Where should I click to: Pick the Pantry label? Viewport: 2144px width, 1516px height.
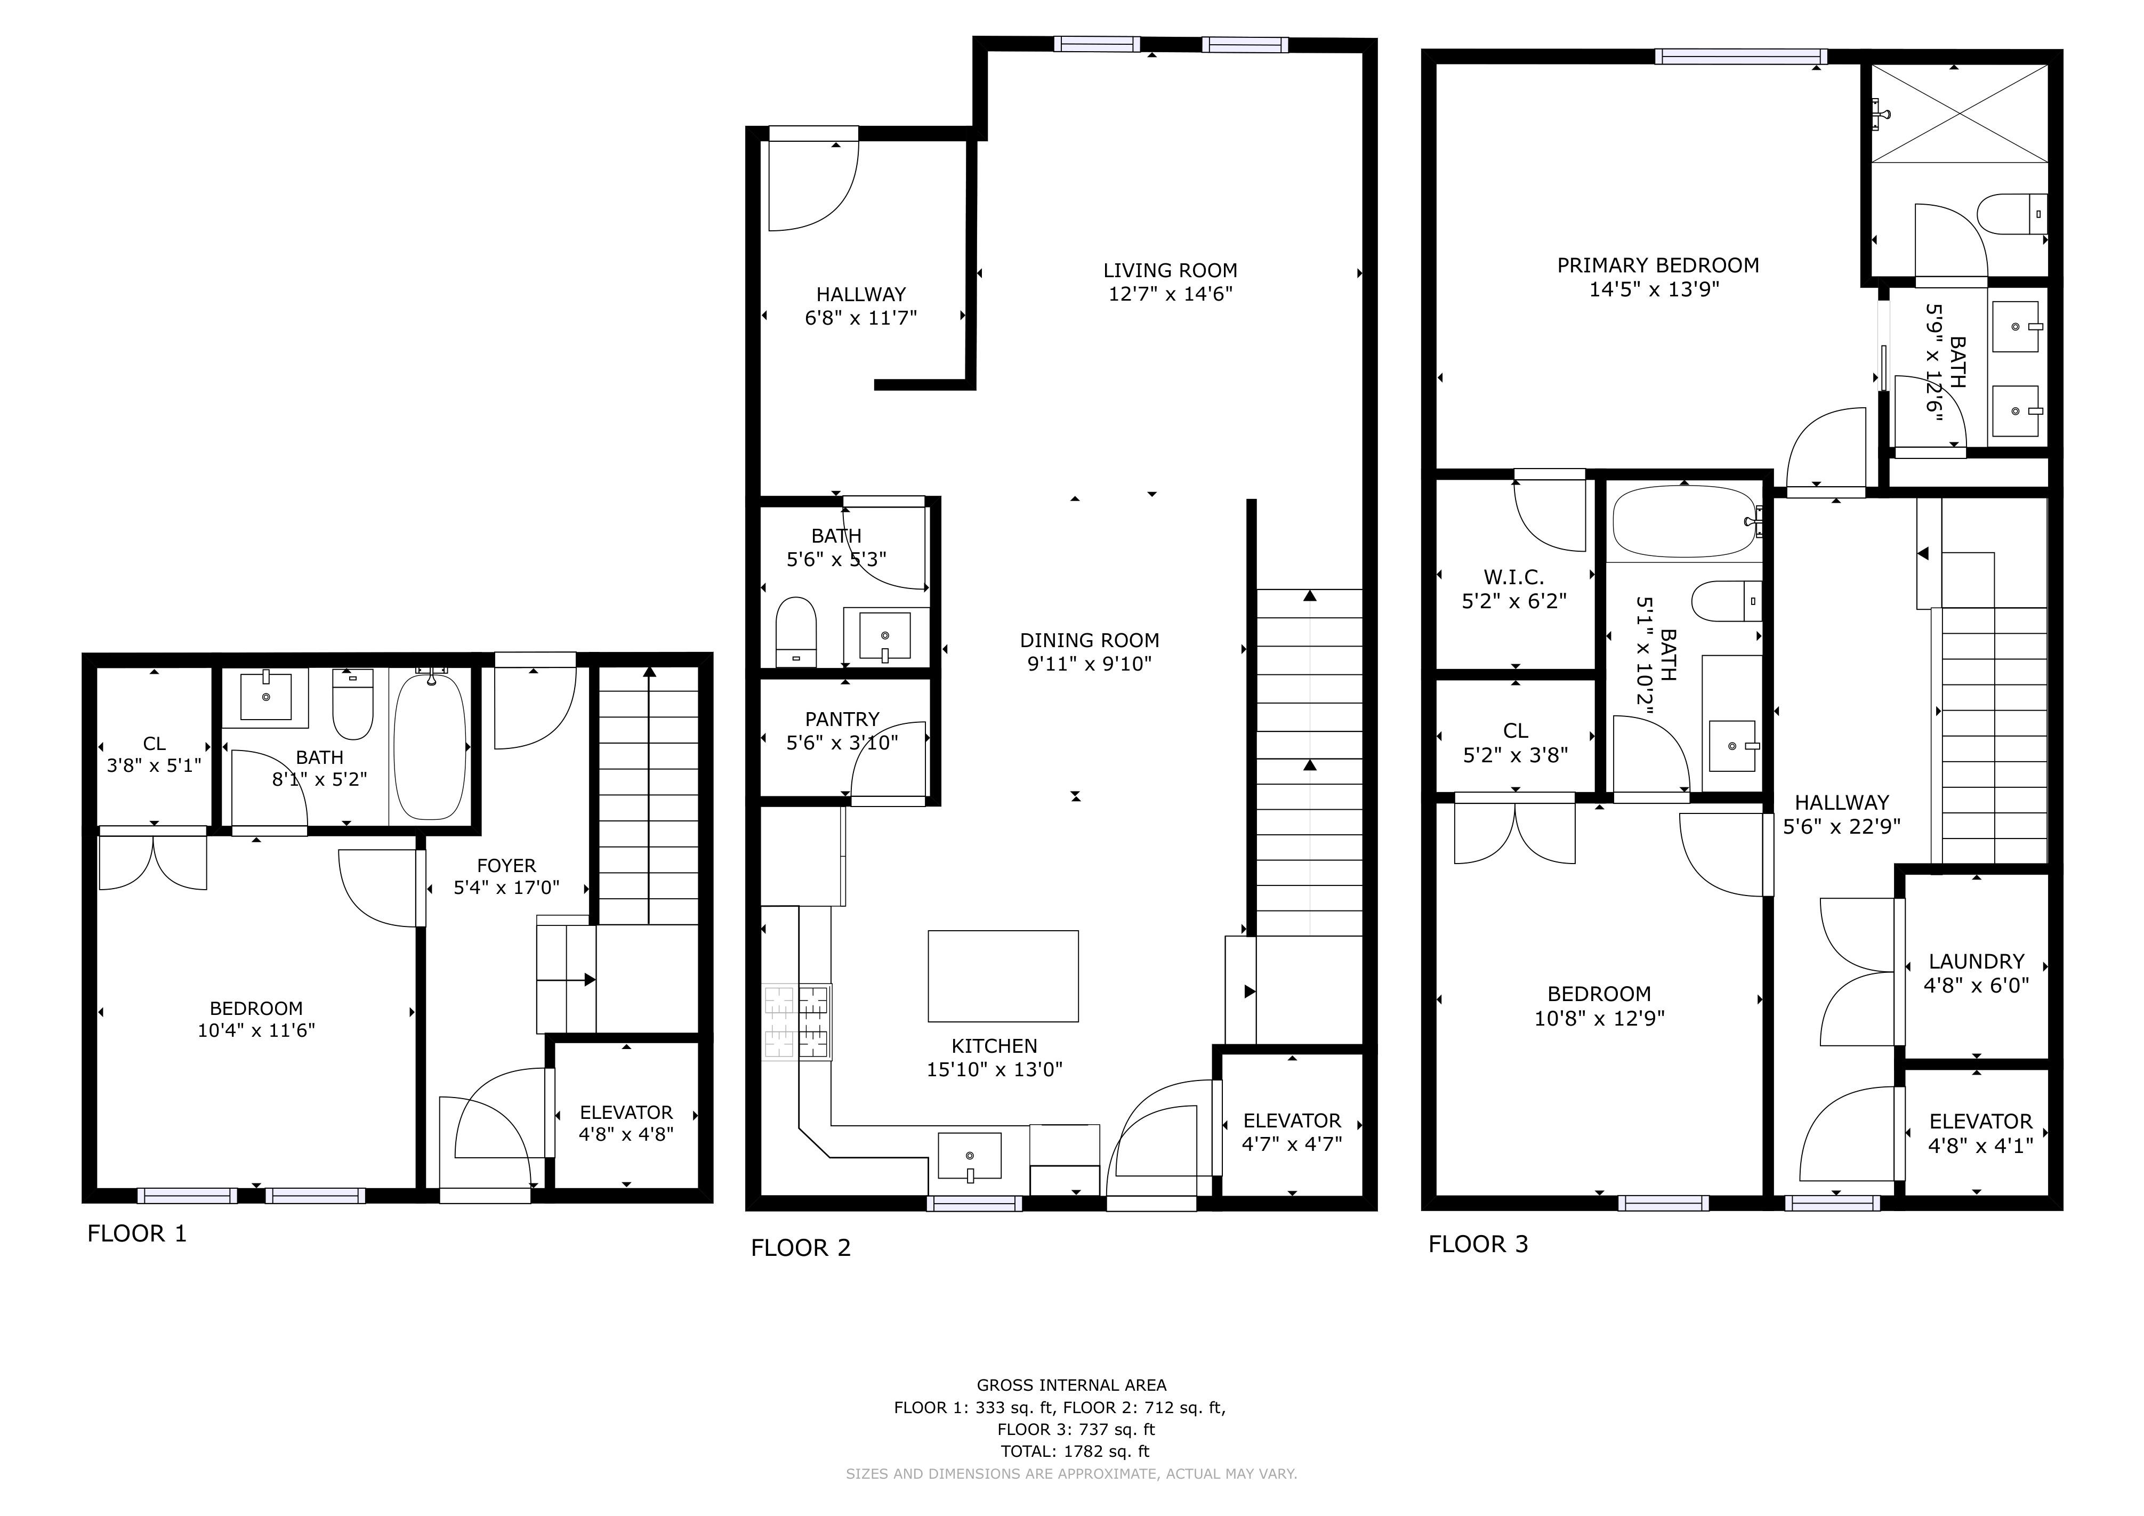pyautogui.click(x=842, y=719)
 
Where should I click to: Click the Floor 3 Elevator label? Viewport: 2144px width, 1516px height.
pyautogui.click(x=1980, y=1121)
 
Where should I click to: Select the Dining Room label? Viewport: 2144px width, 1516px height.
pyautogui.click(x=1090, y=640)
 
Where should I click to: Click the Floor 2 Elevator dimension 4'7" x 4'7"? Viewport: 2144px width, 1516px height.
pyautogui.click(x=1292, y=1143)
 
